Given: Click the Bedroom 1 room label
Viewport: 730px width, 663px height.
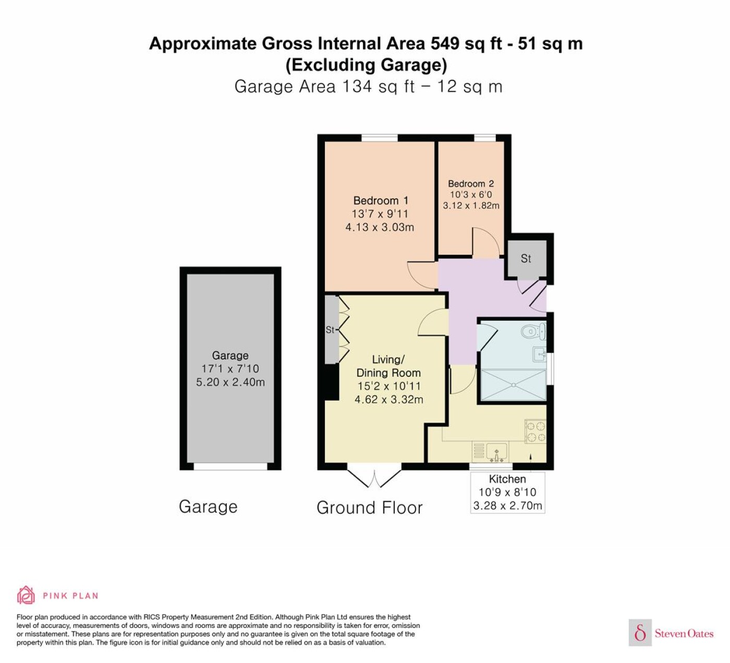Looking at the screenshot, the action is click(381, 200).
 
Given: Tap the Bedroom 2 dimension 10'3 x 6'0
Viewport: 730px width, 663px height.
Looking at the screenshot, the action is click(471, 195).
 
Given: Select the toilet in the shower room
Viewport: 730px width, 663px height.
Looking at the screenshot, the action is click(533, 331).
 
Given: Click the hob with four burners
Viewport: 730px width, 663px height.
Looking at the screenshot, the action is click(536, 432).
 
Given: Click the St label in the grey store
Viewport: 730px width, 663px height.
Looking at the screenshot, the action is click(526, 258).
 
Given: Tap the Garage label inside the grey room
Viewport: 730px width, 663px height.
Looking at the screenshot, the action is click(230, 356).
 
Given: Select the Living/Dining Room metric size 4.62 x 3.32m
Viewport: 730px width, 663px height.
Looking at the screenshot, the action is click(388, 399).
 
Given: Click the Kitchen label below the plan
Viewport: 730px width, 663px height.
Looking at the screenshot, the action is click(507, 479).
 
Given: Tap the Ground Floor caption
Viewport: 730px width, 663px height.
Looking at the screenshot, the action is click(369, 508).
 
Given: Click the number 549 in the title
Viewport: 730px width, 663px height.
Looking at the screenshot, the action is click(445, 43).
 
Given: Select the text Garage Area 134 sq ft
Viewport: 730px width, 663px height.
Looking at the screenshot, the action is click(325, 87).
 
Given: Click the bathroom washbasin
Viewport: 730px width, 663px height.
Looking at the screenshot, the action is click(539, 354).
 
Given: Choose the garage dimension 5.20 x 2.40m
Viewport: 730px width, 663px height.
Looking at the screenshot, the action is click(230, 382).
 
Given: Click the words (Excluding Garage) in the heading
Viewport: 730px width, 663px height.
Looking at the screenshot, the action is click(366, 65).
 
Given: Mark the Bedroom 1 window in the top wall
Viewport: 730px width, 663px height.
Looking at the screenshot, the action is click(379, 138).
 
